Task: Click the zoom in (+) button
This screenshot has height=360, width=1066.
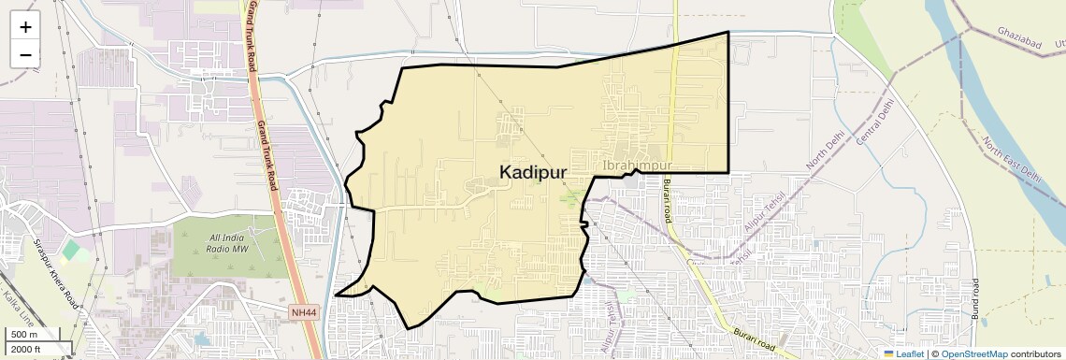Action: point(25,26)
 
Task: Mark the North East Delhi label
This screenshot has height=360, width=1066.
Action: point(1011,160)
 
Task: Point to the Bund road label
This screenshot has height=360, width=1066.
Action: point(974,299)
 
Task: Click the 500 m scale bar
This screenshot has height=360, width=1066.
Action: point(28,335)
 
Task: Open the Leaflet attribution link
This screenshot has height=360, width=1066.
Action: point(904,353)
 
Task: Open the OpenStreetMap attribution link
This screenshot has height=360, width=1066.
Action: point(973,353)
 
